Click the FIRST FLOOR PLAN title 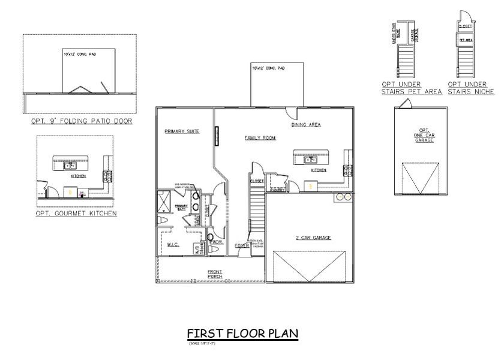click(x=242, y=333)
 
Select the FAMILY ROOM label click(x=260, y=138)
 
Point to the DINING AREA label click(x=306, y=125)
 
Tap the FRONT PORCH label click(x=215, y=274)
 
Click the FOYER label click(x=242, y=245)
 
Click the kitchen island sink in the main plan click(x=310, y=160)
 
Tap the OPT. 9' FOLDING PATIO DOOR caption click(x=82, y=121)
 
